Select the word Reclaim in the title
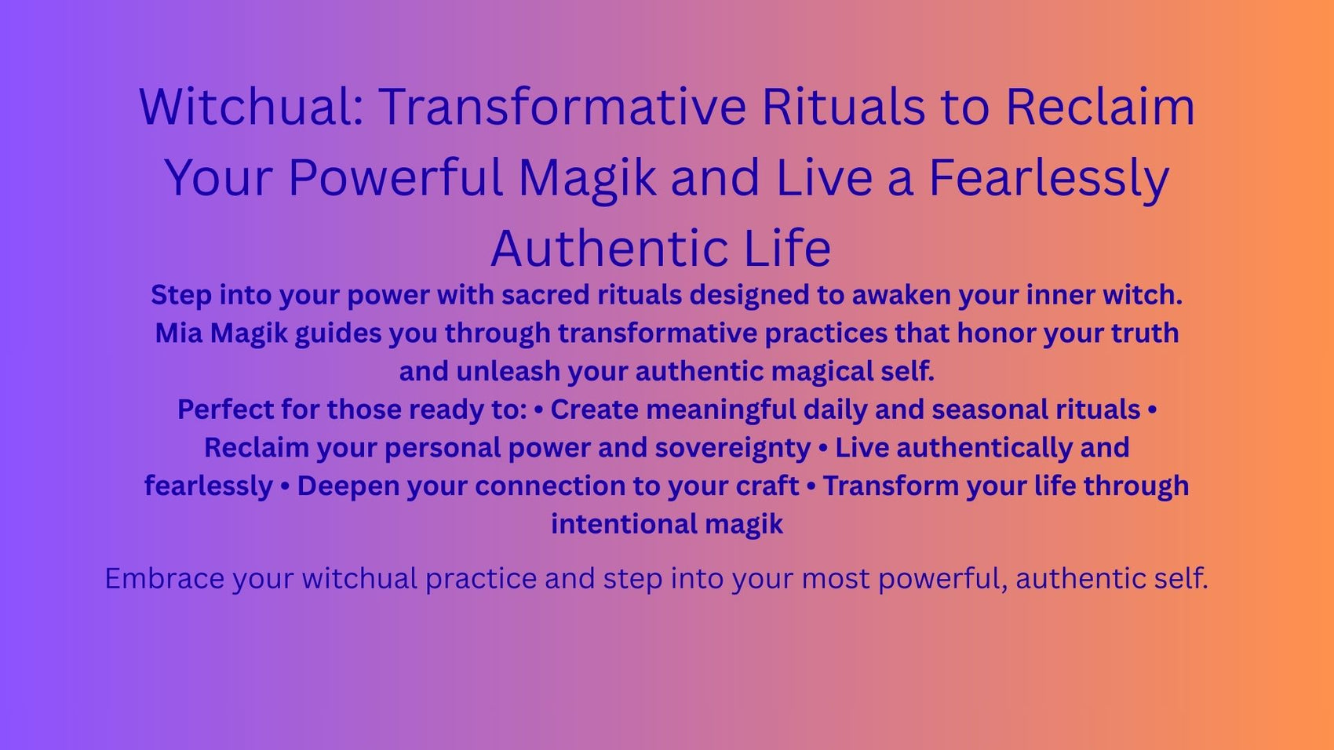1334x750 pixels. pyautogui.click(x=1100, y=107)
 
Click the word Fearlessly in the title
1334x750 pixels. pyautogui.click(x=1049, y=177)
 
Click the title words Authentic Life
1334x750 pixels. pyautogui.click(x=661, y=248)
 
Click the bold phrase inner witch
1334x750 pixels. pyautogui.click(x=1103, y=295)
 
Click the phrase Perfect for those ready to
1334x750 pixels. pyautogui.click(x=352, y=410)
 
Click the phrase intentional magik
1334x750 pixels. pyautogui.click(x=667, y=524)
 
